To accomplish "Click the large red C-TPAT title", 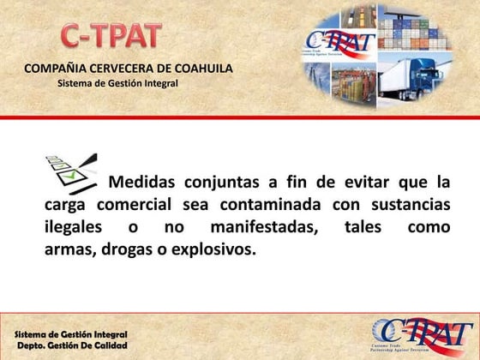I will [x=111, y=35].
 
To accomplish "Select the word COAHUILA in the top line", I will [x=201, y=69].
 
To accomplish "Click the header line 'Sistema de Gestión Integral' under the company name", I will [x=117, y=83].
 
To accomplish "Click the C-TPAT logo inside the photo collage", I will [x=340, y=43].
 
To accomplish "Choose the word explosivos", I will [x=215, y=251].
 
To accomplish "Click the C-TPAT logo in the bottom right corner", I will [x=420, y=333].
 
